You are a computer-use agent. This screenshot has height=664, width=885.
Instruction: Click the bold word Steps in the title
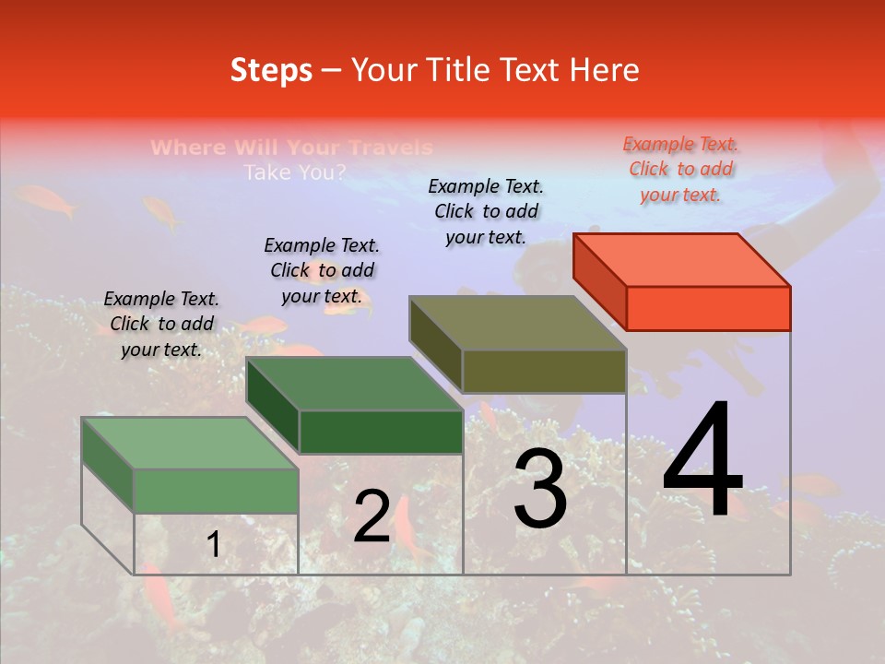(271, 70)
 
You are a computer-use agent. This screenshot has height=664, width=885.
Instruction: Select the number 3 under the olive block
(539, 490)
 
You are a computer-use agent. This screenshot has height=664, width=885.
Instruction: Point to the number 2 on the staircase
(372, 517)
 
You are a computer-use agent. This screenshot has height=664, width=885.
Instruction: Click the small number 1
(214, 545)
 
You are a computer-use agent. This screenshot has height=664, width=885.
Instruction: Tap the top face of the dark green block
(354, 383)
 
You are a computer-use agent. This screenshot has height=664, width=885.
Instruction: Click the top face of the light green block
(190, 443)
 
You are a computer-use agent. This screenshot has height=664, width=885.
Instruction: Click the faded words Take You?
(295, 172)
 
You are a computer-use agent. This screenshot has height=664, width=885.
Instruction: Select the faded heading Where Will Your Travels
(291, 148)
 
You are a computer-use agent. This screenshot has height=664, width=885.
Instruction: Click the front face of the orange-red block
(708, 308)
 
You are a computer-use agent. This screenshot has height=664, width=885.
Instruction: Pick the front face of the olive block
(544, 372)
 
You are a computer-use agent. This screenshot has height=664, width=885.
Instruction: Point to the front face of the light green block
(216, 491)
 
